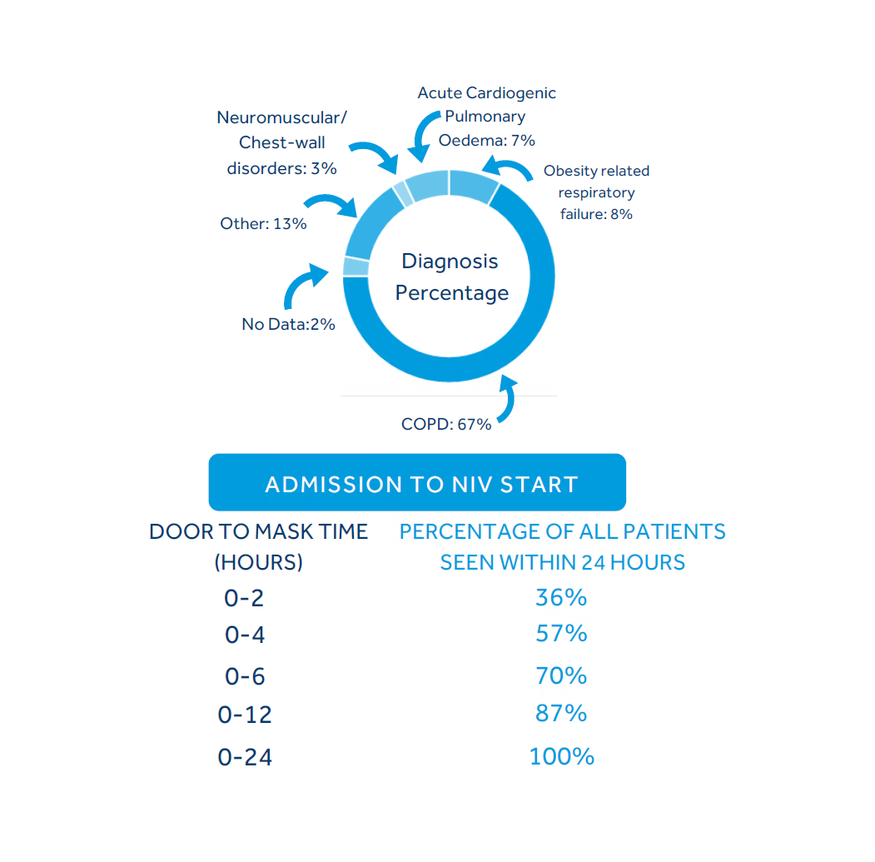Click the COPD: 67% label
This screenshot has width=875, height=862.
tap(446, 424)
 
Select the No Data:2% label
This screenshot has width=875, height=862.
tap(288, 324)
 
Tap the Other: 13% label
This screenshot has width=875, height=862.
tap(263, 223)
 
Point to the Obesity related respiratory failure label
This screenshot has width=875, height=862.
tap(596, 192)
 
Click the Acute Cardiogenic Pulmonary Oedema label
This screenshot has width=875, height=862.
tap(486, 117)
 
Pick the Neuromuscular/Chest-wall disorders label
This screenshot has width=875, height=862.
tap(282, 142)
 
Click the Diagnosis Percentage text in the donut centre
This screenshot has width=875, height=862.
tap(451, 277)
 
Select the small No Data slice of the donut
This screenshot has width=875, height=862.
tap(355, 267)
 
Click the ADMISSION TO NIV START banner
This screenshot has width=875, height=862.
tap(417, 483)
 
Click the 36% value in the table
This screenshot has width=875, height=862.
tap(561, 598)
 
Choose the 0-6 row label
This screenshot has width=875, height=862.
tap(245, 676)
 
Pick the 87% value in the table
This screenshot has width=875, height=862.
tap(561, 714)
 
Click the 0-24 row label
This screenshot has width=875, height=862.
tap(245, 757)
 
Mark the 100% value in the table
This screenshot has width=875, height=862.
tap(561, 756)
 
